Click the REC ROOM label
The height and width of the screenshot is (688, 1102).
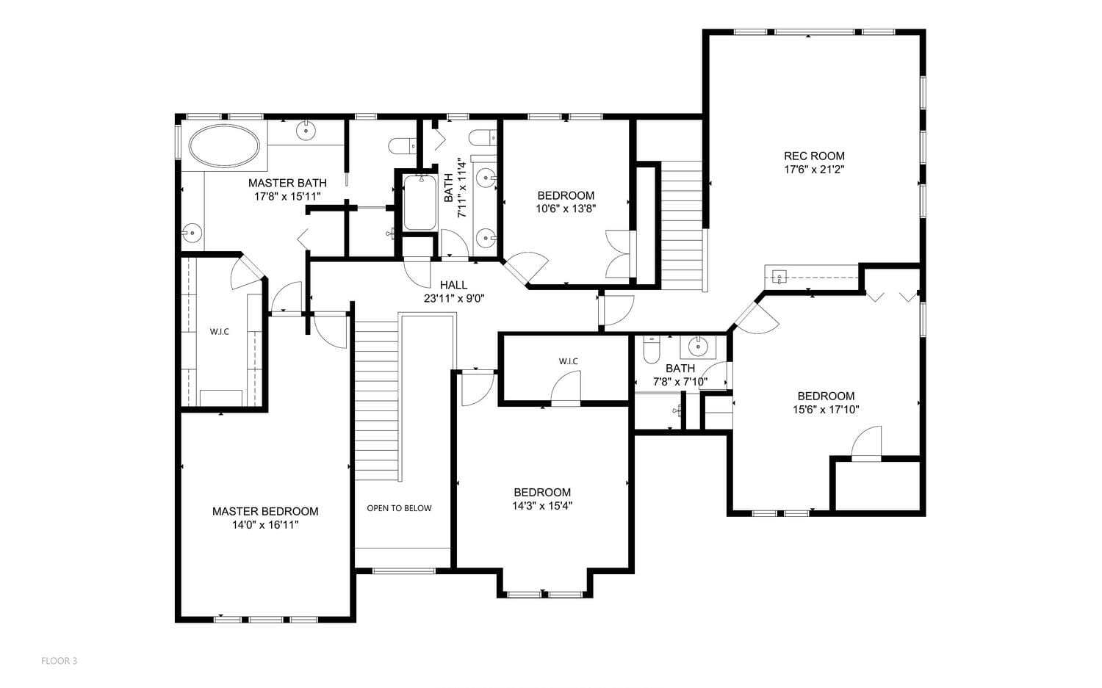(x=814, y=156)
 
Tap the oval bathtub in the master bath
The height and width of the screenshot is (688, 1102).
(x=224, y=146)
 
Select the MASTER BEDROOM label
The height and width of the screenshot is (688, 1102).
(x=265, y=512)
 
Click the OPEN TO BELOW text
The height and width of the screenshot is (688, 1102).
(x=399, y=508)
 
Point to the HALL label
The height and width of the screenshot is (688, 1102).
(x=453, y=285)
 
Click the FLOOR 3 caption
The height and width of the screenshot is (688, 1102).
(x=59, y=661)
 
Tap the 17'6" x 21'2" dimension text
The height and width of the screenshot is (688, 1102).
(x=814, y=170)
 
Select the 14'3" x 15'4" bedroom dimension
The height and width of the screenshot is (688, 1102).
(x=542, y=506)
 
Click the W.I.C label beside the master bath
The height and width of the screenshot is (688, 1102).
(x=220, y=331)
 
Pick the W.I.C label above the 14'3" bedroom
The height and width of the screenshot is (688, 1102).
(x=568, y=361)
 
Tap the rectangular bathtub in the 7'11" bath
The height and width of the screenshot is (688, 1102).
(x=419, y=203)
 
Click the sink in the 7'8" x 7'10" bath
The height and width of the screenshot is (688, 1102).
(x=698, y=346)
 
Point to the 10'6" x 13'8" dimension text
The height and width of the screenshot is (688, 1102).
(x=566, y=209)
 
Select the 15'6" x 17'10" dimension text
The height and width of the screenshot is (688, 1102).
(x=826, y=409)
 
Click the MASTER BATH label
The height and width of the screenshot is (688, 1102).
(x=287, y=183)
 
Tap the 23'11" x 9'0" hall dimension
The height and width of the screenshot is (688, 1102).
(x=454, y=299)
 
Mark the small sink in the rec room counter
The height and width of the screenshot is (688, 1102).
(x=779, y=277)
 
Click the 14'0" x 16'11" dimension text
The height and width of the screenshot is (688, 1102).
(x=265, y=525)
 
